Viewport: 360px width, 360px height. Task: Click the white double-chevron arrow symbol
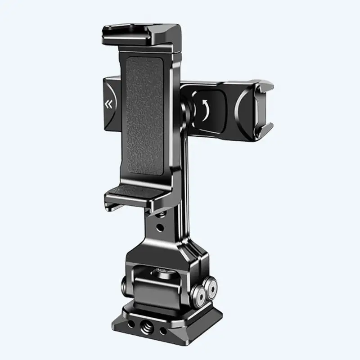(x=108, y=105)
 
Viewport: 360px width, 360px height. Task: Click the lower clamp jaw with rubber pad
(x=135, y=194)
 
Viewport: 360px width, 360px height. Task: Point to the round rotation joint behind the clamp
(x=186, y=108)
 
